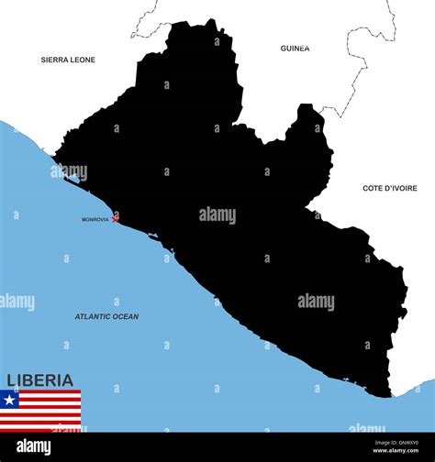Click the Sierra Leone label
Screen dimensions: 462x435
click(68, 60)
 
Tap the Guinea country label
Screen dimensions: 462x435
click(295, 48)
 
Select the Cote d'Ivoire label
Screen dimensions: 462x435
click(389, 188)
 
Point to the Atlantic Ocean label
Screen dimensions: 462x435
click(106, 316)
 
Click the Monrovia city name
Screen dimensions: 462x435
click(95, 219)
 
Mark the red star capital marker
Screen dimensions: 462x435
click(115, 219)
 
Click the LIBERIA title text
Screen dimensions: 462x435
click(40, 379)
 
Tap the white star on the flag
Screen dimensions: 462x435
click(9, 400)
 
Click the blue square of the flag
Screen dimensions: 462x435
click(9, 400)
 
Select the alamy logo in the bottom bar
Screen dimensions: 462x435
click(34, 446)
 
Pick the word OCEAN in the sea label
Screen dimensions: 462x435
click(124, 316)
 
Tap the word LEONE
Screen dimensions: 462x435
click(83, 60)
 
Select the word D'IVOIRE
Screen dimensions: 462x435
click(400, 188)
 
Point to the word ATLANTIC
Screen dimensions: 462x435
click(91, 316)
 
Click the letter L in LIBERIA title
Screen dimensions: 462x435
click(12, 379)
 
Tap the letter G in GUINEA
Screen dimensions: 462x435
click(284, 48)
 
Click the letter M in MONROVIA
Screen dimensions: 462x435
click(84, 219)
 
